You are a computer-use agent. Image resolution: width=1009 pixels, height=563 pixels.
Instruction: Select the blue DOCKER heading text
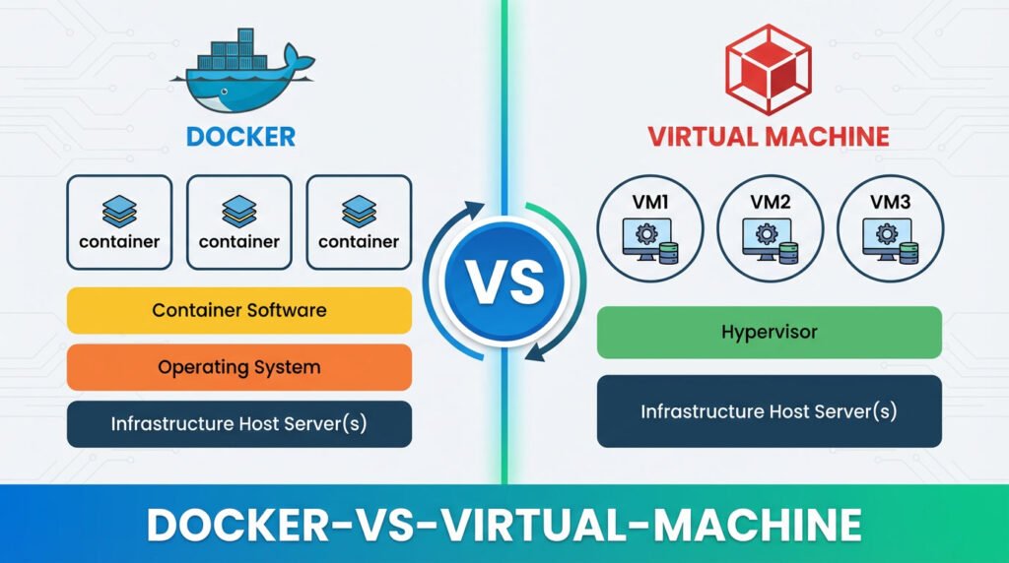(x=239, y=136)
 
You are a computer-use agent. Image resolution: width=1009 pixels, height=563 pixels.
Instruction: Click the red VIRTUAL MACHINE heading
(x=769, y=136)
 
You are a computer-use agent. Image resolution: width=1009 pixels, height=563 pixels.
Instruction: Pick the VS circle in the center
(x=504, y=281)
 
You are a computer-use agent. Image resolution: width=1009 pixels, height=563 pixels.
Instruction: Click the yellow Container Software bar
(x=239, y=310)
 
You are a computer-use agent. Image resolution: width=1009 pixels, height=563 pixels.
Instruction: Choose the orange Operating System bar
(x=239, y=367)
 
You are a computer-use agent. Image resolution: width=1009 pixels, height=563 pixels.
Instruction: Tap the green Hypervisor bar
(x=770, y=332)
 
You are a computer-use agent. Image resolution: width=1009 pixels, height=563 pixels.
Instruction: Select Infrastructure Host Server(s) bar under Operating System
(x=239, y=424)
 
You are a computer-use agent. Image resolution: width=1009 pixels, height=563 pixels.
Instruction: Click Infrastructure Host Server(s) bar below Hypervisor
(x=770, y=410)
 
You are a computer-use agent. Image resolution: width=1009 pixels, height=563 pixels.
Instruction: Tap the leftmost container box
(x=119, y=222)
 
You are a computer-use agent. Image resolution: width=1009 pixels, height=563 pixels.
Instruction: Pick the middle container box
(x=239, y=222)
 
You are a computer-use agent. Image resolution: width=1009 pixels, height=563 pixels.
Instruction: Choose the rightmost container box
(x=359, y=222)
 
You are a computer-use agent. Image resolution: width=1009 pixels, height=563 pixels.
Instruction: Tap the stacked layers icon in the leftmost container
(x=119, y=210)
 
